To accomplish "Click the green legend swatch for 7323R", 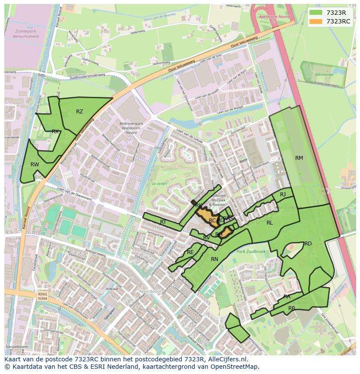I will click(x=316, y=12).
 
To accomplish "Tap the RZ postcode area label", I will click(x=80, y=112).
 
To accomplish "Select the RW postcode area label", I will click(x=35, y=165).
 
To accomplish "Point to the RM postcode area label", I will click(x=299, y=158).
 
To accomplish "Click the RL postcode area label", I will click(x=270, y=223).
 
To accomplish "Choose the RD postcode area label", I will click(x=308, y=244).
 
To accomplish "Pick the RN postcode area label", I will click(x=214, y=259).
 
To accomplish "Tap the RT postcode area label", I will click(x=163, y=222).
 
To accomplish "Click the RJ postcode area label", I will click(x=283, y=195).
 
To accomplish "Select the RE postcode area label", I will click(x=190, y=252).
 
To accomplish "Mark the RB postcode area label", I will click(x=292, y=308).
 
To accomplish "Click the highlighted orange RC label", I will click(x=212, y=221).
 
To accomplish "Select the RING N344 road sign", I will click(x=42, y=296).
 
